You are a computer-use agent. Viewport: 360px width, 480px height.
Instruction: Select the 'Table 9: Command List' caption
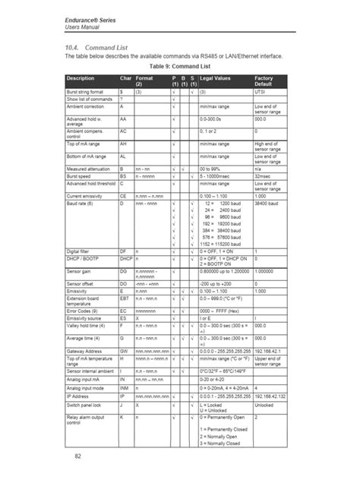click(179, 65)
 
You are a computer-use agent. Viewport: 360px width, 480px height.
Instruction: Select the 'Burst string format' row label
click(86, 91)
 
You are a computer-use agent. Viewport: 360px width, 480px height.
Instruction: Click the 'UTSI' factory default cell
click(261, 91)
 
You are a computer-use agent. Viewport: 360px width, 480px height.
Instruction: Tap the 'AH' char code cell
click(123, 144)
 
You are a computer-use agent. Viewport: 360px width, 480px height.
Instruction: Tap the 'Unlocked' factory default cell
click(265, 406)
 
